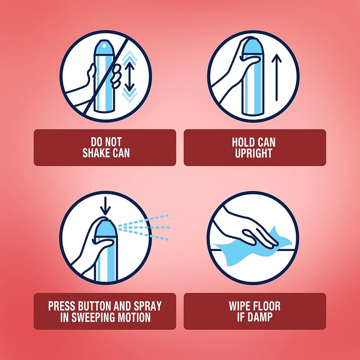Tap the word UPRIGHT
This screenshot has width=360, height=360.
tap(253, 153)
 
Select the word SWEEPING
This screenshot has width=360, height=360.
tap(94, 317)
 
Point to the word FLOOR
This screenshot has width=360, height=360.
tap(267, 306)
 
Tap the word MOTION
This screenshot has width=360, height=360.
tap(134, 317)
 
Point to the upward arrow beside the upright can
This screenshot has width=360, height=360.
tap(277, 77)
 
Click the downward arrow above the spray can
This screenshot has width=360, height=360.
tap(105, 206)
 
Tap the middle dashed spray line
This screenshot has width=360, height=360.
tap(144, 228)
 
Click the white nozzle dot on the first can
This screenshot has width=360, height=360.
tap(104, 46)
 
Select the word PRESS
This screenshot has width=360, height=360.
tap(62, 306)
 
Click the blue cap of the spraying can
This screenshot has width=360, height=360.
tap(106, 228)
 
